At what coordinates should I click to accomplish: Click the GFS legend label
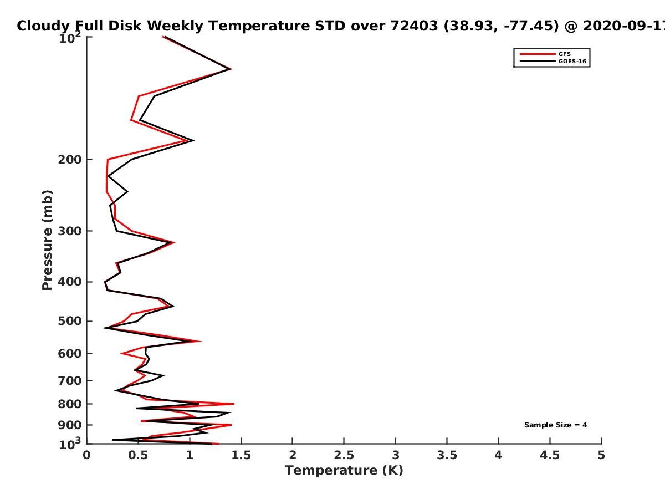click(564, 54)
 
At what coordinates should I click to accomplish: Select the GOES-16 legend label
click(572, 61)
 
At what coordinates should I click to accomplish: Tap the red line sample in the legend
click(538, 54)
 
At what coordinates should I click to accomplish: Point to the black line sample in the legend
click(538, 61)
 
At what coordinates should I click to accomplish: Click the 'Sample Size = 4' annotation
click(556, 425)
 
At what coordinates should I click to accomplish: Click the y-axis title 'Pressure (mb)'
click(47, 240)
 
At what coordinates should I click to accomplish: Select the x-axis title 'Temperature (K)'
click(344, 471)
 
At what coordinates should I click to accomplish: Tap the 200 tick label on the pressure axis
click(70, 159)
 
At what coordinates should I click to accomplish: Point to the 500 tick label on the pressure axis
click(70, 321)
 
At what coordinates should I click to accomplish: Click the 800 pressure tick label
click(70, 404)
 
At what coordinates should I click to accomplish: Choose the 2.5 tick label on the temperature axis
click(344, 455)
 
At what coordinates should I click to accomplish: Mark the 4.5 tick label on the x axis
click(550, 455)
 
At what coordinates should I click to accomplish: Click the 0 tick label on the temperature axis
click(86, 455)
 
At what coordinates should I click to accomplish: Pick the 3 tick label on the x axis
click(395, 455)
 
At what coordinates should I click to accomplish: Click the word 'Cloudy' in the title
click(43, 26)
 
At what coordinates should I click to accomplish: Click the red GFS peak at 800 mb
click(234, 404)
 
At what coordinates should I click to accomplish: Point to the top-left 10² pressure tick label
click(70, 38)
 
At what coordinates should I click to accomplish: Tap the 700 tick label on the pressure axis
click(70, 380)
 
